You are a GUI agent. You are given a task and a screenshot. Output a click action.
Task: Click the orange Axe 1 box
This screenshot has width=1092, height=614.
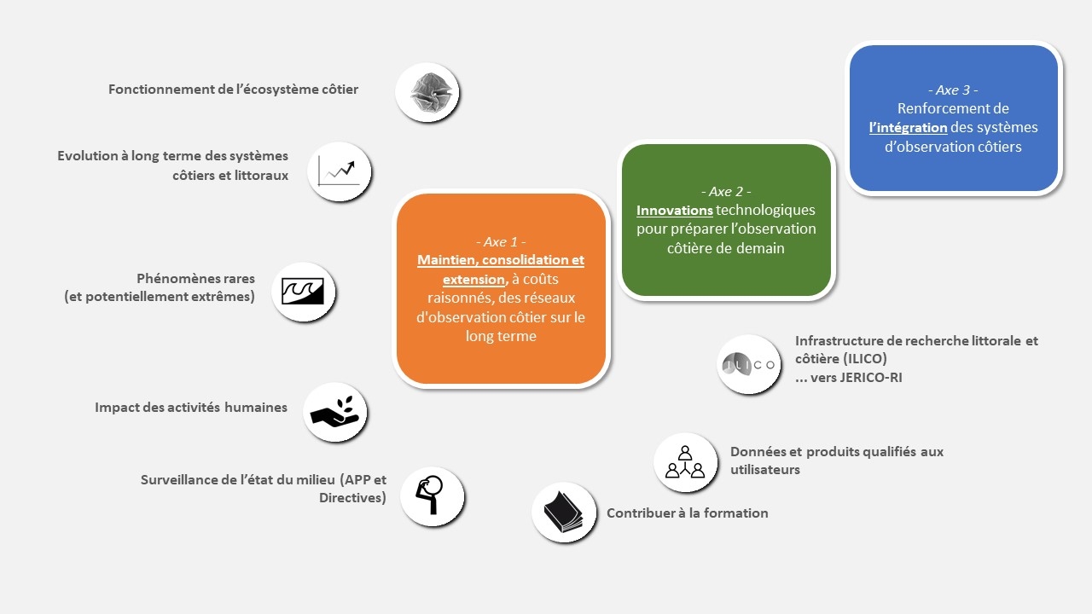501,288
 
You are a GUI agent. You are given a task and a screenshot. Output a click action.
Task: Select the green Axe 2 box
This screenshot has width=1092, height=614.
726,220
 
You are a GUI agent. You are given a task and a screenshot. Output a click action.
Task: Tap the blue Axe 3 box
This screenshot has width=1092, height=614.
954,118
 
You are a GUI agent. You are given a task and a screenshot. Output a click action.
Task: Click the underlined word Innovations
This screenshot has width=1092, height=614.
675,211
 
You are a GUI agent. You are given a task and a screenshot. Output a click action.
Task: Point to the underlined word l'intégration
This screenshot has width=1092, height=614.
909,128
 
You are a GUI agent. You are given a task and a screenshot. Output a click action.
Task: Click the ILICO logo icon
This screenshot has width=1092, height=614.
748,364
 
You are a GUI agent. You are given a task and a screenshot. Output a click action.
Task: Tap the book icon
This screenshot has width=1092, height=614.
564,513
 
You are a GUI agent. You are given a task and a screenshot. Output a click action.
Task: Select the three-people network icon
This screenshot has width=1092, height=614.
685,462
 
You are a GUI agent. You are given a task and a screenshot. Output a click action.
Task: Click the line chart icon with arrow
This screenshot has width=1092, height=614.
339,171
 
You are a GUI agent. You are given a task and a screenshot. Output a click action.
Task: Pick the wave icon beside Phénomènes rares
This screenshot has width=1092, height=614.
303,292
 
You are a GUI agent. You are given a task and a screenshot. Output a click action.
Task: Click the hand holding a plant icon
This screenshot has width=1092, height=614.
334,412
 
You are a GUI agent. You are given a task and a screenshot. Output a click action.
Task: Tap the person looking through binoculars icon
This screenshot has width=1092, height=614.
432,496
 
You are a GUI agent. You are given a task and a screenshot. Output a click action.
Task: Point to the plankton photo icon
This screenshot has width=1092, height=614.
427,92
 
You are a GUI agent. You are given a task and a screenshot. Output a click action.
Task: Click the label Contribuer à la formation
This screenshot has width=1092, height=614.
688,513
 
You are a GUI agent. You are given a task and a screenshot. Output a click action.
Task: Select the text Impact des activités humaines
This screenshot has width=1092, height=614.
191,408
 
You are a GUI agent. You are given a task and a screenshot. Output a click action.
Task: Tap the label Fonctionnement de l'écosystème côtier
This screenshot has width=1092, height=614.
233,90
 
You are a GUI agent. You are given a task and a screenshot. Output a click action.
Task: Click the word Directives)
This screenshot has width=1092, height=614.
352,498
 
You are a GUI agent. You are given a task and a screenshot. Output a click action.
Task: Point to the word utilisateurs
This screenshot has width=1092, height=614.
765,470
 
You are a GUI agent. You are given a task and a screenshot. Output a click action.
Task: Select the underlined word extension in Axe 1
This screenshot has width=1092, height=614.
473,280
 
